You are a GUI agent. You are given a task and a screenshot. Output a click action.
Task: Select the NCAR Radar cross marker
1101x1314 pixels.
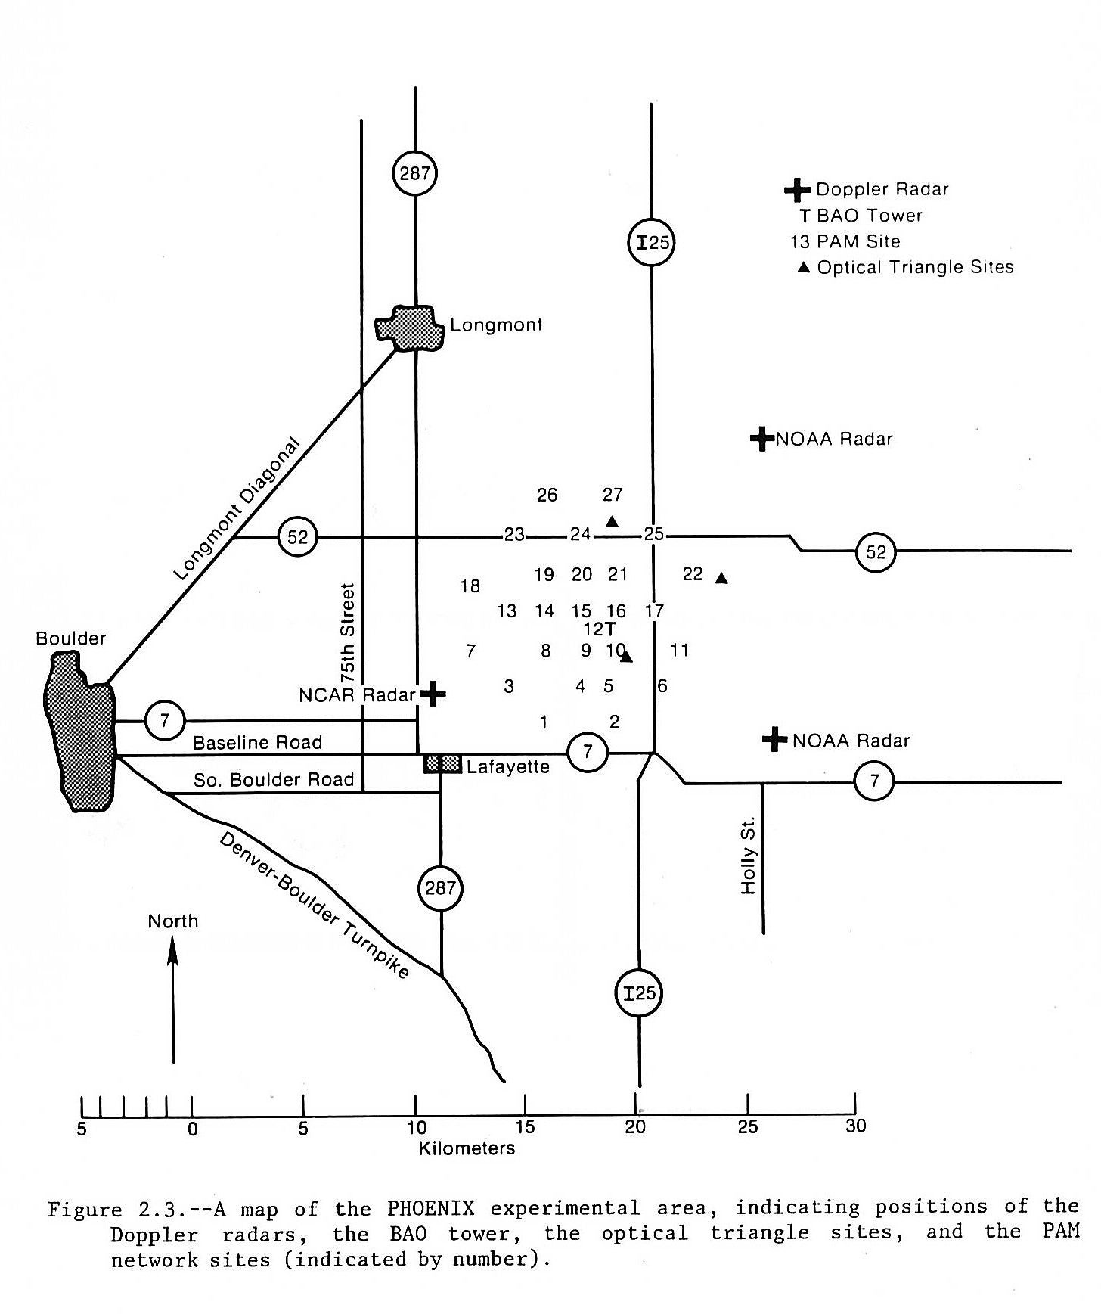433,692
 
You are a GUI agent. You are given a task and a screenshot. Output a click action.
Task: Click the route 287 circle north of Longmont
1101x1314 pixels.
415,173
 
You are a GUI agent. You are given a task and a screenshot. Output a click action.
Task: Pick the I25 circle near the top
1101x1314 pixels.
651,243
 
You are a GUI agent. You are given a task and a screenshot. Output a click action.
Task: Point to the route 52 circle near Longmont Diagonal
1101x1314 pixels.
298,537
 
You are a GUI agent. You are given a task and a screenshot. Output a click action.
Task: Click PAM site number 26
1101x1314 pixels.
547,495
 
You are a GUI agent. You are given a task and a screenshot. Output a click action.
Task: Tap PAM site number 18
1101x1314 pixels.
470,586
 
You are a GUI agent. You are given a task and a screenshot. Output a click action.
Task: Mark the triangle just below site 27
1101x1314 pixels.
613,521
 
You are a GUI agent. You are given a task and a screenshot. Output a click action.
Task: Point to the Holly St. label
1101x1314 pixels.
749,859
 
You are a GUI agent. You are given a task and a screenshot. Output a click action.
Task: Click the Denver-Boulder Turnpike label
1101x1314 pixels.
315,905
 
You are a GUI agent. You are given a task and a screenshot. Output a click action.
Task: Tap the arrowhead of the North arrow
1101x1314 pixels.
173,950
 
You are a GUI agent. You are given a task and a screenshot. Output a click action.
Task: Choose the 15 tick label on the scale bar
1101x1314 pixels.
526,1126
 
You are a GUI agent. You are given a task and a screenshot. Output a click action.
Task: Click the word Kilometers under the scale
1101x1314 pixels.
467,1148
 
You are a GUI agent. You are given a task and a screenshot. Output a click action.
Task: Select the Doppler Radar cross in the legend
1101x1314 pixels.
797,189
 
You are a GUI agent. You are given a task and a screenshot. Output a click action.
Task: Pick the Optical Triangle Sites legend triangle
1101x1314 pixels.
805,267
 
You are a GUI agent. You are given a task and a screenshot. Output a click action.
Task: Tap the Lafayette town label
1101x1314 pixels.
507,766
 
